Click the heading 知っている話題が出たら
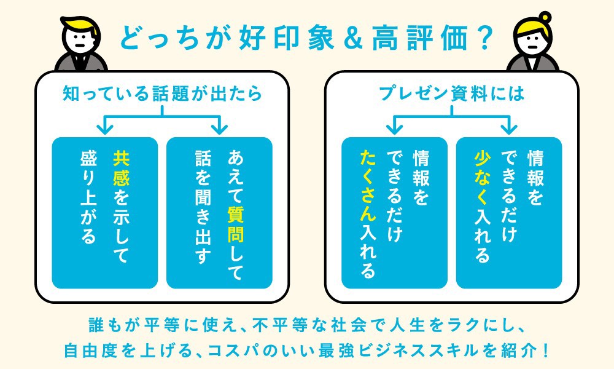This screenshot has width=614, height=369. pyautogui.click(x=162, y=93)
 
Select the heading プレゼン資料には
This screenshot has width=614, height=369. pyautogui.click(x=451, y=93)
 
